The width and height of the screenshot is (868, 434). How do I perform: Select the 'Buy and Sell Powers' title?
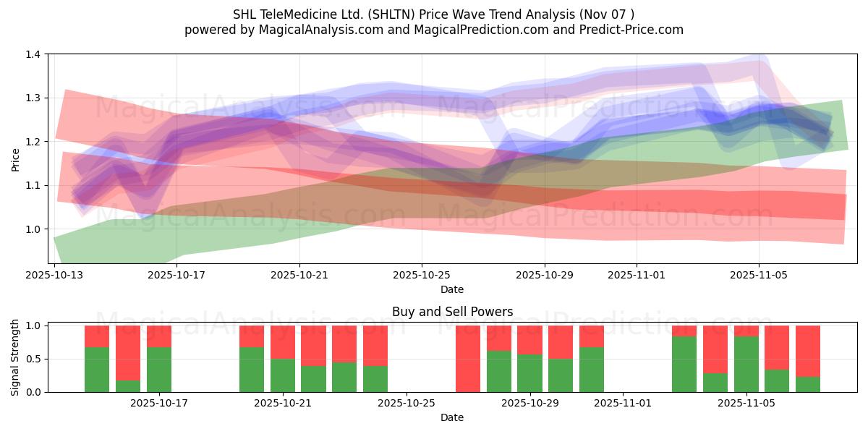coord(452,312)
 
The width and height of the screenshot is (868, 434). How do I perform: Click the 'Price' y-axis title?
coord(16,159)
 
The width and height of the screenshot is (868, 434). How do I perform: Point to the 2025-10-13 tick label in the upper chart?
coord(55,275)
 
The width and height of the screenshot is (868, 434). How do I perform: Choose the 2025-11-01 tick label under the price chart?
coord(637,275)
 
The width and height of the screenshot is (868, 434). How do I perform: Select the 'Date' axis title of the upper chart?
coord(452,289)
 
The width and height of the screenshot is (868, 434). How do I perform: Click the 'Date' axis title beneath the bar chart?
coord(452,417)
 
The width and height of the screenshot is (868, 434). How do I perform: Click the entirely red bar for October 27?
coord(468,359)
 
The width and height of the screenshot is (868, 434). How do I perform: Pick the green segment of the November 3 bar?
coord(684,364)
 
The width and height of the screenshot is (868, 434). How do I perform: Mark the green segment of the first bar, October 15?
coord(97,370)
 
